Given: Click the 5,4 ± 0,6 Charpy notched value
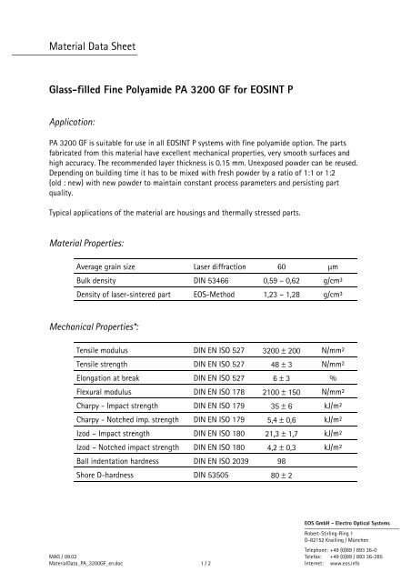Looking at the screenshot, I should coord(282,448).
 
